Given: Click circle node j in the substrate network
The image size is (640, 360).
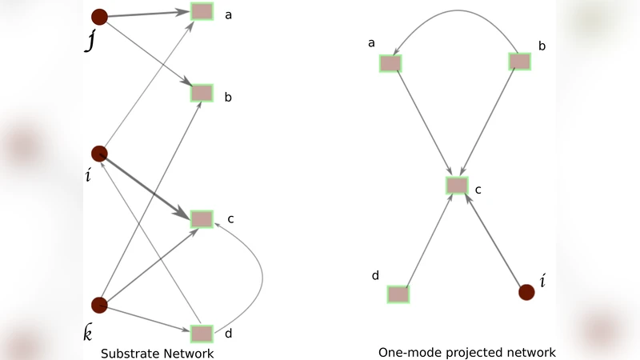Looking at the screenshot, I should point(99,16).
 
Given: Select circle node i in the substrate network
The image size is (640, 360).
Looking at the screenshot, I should point(99,153).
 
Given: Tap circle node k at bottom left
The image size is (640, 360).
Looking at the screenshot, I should point(99,305).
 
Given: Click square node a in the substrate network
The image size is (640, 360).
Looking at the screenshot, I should point(202,12).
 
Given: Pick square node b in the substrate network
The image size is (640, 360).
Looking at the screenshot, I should point(202,93).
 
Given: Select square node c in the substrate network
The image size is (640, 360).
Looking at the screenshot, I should point(202,218).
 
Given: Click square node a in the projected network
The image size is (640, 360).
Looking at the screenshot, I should point(390,63).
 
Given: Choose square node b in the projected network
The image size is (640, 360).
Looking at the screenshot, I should point(519,61).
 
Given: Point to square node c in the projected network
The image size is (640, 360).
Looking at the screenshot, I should point(457,186).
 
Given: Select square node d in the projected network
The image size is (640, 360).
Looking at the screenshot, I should point(398,294).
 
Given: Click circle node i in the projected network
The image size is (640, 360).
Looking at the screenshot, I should point(526,292).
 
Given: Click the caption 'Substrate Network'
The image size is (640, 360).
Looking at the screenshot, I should point(157,353).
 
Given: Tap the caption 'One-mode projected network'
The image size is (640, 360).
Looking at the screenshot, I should point(466,352).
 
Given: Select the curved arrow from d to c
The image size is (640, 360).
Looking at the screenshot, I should point(262,276).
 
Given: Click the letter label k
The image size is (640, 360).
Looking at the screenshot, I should point(88,333).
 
